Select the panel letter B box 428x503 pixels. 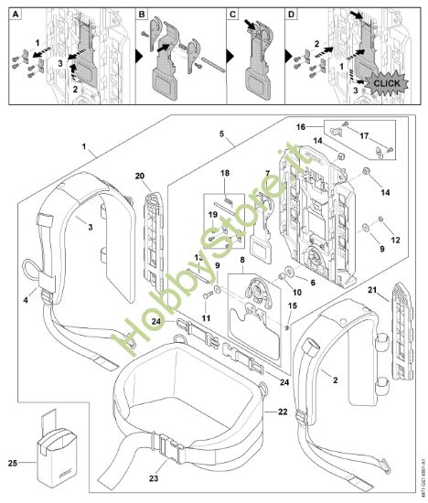coord(143,15)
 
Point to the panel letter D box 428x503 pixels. coord(293,15)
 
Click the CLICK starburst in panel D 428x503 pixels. coord(386,81)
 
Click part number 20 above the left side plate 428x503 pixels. coord(139,177)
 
